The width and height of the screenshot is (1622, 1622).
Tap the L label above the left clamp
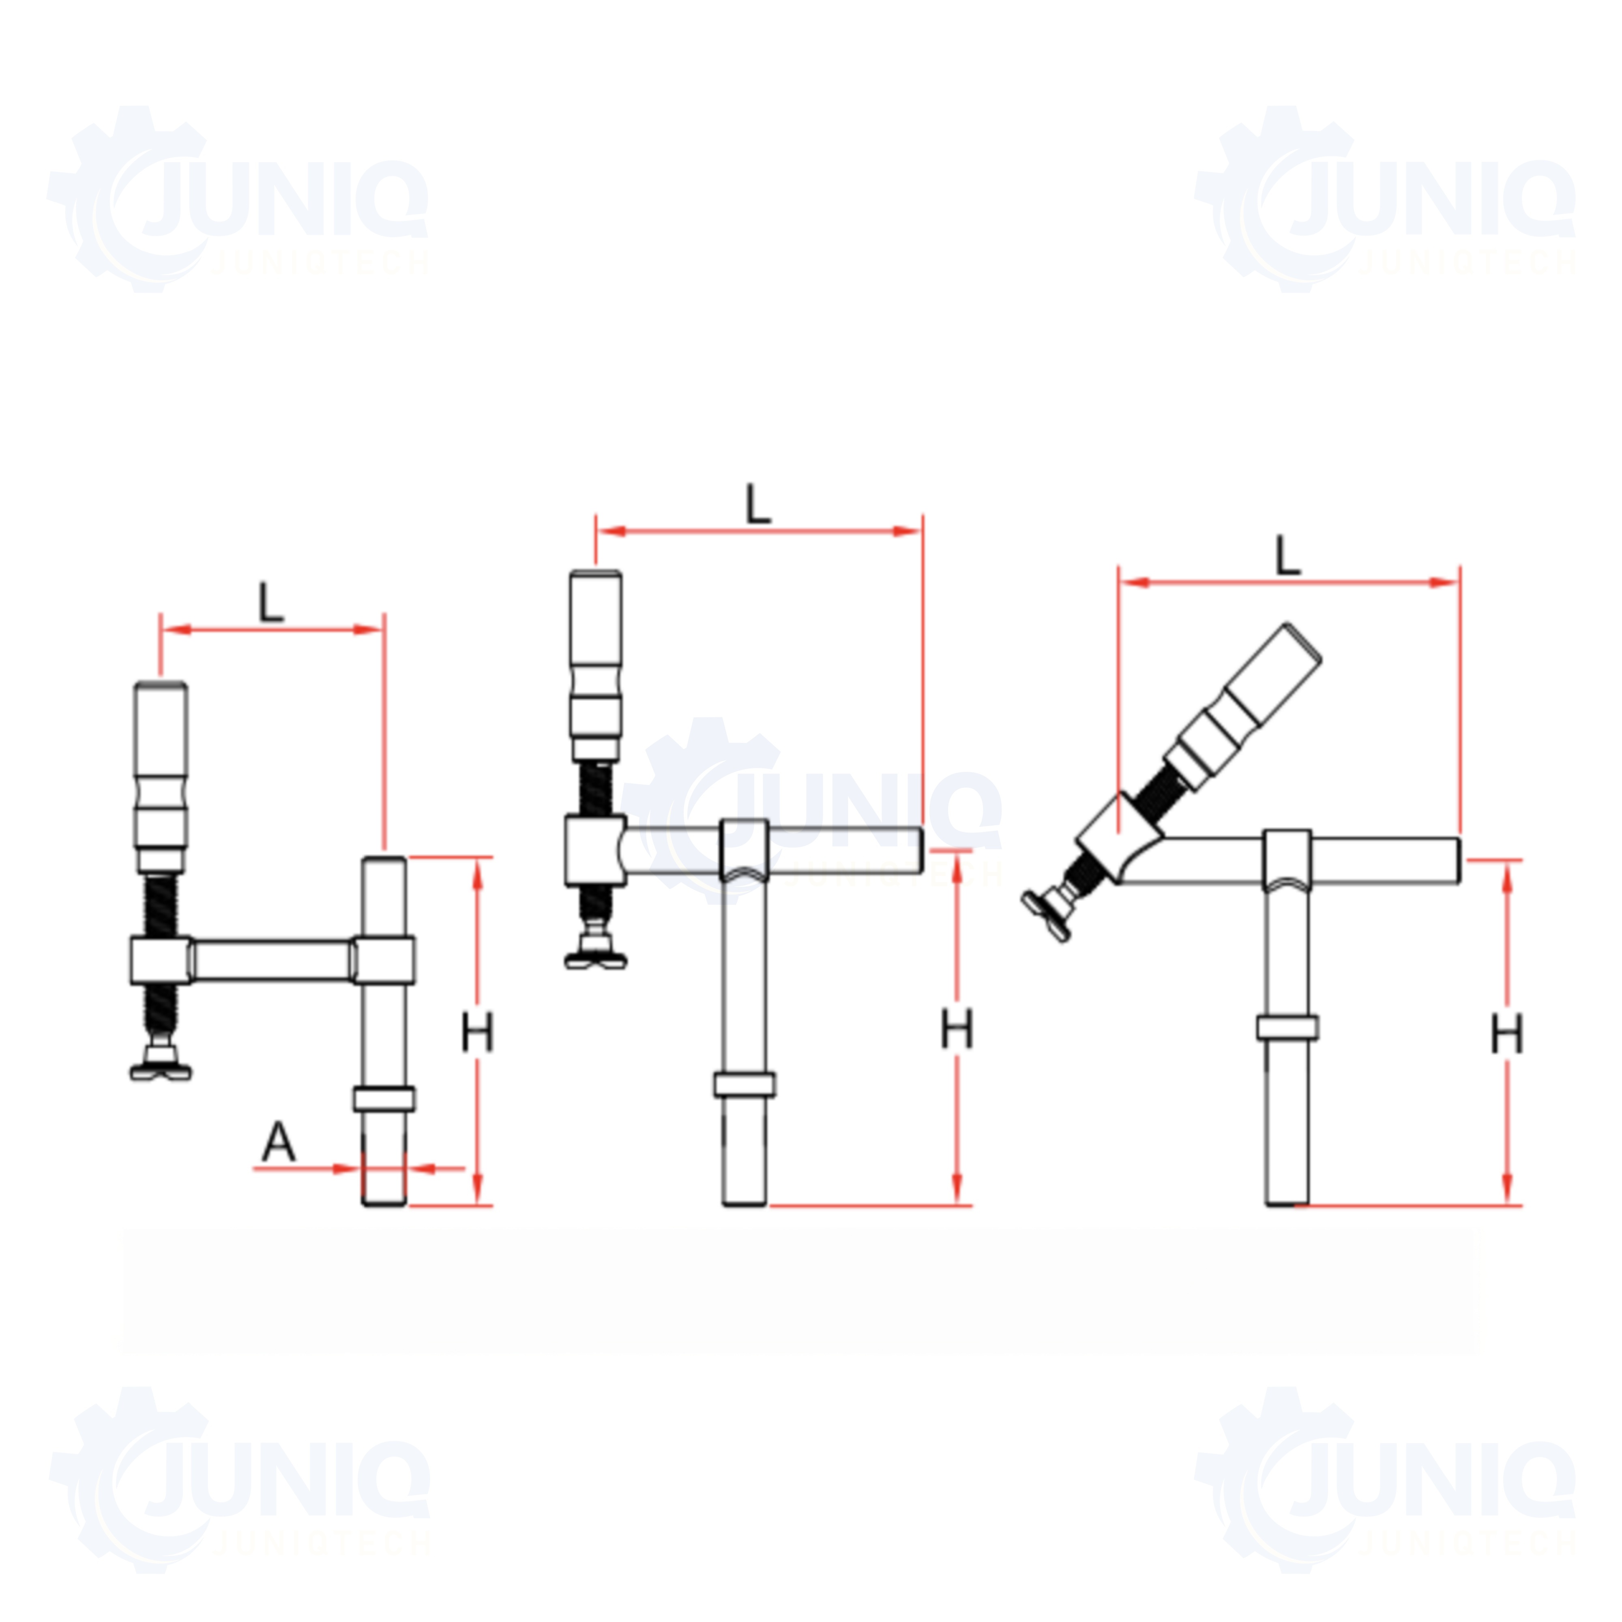click(270, 603)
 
